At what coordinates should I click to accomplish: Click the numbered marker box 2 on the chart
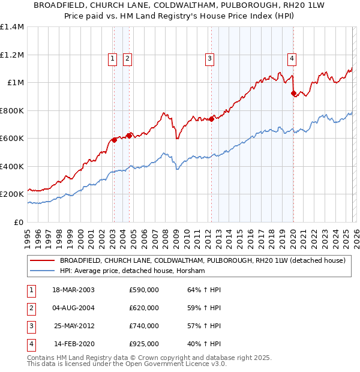click(x=128, y=58)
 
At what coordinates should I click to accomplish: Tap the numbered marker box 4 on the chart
click(x=292, y=58)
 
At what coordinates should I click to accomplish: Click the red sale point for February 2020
click(x=293, y=93)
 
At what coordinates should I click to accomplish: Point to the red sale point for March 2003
click(x=114, y=140)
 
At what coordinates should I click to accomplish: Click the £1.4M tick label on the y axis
click(x=12, y=27)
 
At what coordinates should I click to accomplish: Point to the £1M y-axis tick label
click(x=16, y=83)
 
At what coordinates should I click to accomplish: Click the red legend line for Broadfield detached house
click(x=42, y=261)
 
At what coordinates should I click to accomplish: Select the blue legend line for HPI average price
click(x=42, y=271)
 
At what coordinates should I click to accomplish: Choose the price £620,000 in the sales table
click(x=144, y=308)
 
